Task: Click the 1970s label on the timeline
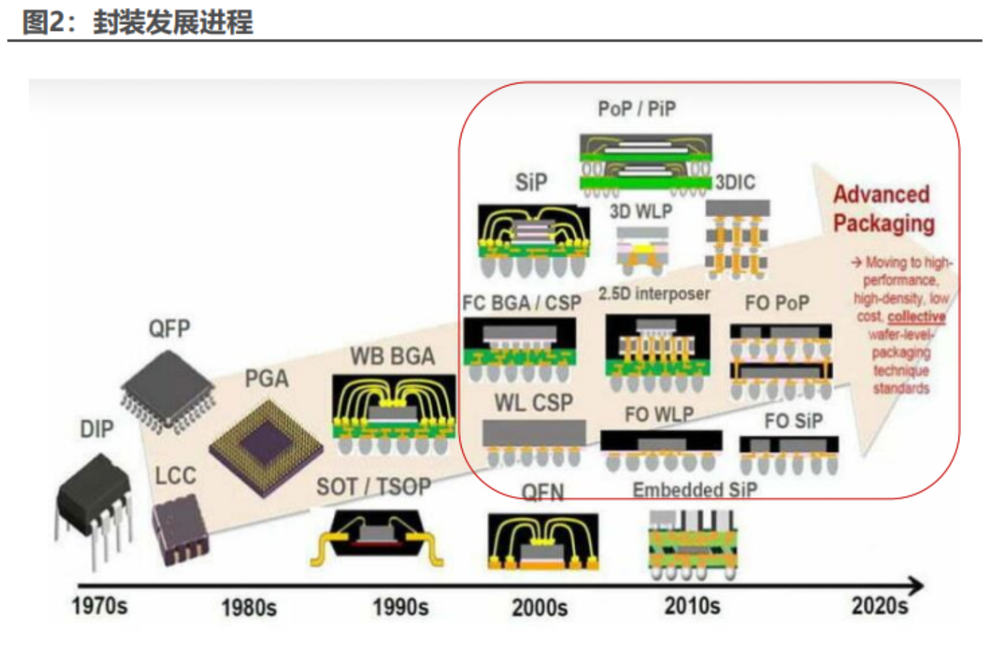click(x=100, y=605)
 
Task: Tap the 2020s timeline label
click(x=879, y=605)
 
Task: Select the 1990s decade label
click(x=400, y=607)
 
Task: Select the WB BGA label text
click(x=392, y=356)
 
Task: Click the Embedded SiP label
click(x=694, y=490)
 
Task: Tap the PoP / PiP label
click(x=637, y=109)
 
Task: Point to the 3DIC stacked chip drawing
click(x=737, y=240)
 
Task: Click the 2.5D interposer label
click(x=653, y=293)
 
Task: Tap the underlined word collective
click(x=916, y=317)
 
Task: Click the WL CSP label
click(x=534, y=403)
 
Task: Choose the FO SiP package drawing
click(x=789, y=454)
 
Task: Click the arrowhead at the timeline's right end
click(x=916, y=585)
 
